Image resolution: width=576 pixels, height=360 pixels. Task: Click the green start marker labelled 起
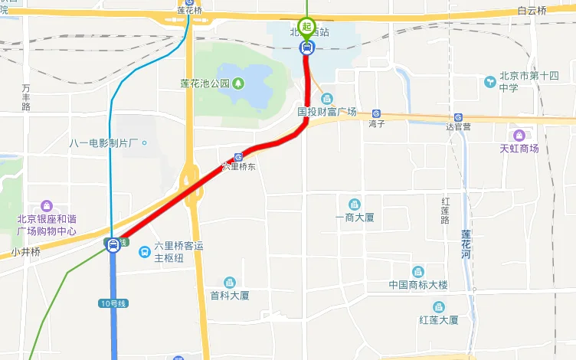pos(306,27)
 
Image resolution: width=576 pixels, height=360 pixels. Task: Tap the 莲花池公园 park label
pos(205,83)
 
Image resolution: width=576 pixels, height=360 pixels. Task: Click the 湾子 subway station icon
pos(376,113)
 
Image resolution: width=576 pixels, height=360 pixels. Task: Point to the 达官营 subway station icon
pos(457,117)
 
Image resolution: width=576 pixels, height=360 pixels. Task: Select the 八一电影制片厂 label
pos(101,143)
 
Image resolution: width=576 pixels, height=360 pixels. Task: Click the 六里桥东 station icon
pos(239,156)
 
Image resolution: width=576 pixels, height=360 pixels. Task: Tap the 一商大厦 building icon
pos(354,204)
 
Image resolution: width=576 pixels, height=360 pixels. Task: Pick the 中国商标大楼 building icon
pos(417,272)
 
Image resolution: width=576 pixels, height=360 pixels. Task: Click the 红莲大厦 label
pos(438,319)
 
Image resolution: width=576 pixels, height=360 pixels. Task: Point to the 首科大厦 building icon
pos(229,283)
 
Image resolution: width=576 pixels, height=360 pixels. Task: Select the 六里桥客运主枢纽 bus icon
pos(145,251)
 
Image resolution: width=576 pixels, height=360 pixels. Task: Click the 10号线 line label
pos(113,303)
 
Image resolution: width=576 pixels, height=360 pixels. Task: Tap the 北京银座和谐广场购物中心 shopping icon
pos(47,205)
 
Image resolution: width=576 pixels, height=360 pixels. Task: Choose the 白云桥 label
pos(532,11)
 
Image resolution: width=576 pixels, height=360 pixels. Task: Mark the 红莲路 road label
pos(444,210)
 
